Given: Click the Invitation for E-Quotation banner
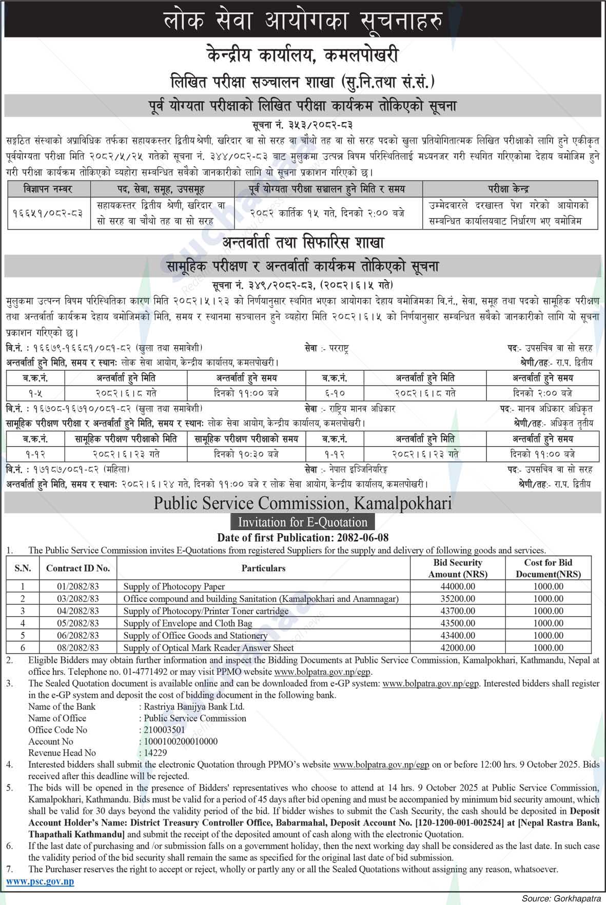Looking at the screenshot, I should coord(303,522).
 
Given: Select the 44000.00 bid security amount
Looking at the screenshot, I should coord(454,586).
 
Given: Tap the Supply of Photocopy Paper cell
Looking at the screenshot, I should coord(174,586).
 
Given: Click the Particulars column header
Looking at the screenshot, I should coord(263,568).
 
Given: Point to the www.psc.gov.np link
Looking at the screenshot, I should coord(40,881).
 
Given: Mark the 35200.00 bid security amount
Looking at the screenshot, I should coord(454,598).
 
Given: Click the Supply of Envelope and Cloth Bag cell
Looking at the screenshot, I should coord(188,623).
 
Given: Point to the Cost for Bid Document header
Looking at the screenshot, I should coord(548,568).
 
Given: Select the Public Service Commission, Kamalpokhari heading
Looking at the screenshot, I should coord(303,503).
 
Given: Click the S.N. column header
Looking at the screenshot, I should coord(23,568).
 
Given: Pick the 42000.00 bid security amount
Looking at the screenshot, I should coord(454,648).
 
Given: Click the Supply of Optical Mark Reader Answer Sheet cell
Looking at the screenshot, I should coord(208,648).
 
